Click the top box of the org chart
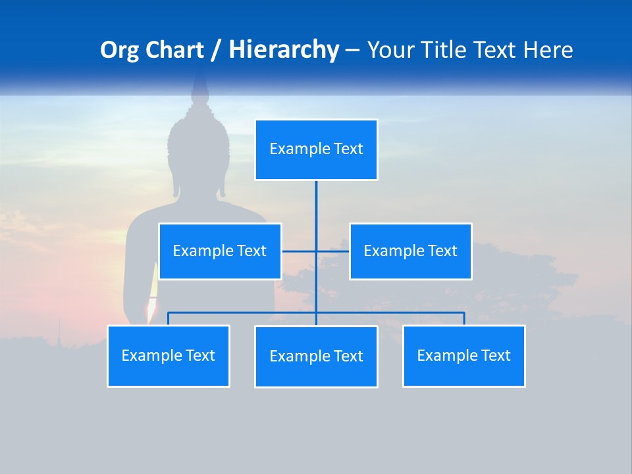(316, 149)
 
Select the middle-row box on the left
(220, 251)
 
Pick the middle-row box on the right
(410, 251)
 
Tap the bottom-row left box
(169, 355)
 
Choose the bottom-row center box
(316, 356)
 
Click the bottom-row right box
(464, 355)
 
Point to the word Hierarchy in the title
(283, 50)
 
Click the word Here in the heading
(548, 50)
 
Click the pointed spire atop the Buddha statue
(199, 86)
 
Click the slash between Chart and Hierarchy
(215, 51)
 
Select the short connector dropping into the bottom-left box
(169, 319)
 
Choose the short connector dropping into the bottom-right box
(464, 319)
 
